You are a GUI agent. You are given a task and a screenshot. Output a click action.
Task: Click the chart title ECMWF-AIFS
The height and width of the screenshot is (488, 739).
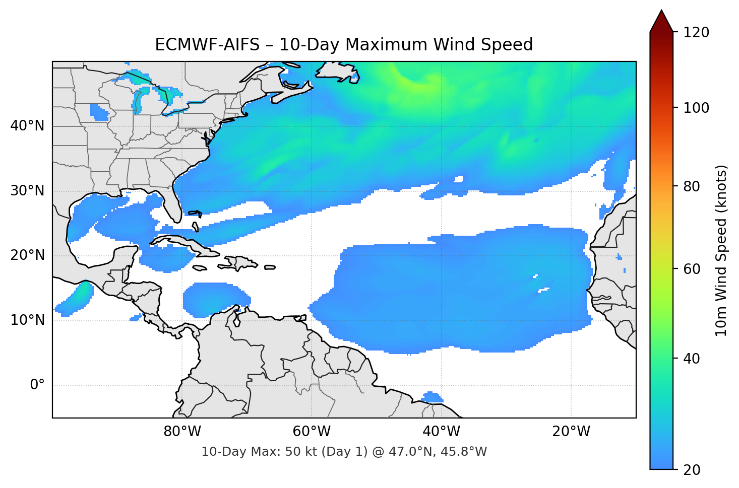pyautogui.click(x=344, y=45)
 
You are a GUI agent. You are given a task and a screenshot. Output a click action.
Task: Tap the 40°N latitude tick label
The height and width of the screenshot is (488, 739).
pyautogui.click(x=28, y=126)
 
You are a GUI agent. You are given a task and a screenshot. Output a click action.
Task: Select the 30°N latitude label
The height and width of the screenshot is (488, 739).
pyautogui.click(x=28, y=191)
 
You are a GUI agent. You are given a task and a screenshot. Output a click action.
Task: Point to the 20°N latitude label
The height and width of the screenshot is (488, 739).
pyautogui.click(x=28, y=255)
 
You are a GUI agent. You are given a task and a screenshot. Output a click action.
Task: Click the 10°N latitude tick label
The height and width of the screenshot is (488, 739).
pyautogui.click(x=28, y=320)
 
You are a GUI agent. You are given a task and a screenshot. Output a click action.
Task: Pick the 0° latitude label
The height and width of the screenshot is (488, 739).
pyautogui.click(x=37, y=385)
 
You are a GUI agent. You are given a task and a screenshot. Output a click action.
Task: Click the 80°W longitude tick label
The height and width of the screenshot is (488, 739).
pyautogui.click(x=182, y=432)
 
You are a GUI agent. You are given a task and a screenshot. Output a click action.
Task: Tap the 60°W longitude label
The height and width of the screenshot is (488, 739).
pyautogui.click(x=312, y=432)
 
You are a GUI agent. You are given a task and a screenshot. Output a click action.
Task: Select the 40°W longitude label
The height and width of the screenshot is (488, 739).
pyautogui.click(x=442, y=432)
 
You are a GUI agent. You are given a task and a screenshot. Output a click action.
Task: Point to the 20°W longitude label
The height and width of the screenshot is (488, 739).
pyautogui.click(x=571, y=432)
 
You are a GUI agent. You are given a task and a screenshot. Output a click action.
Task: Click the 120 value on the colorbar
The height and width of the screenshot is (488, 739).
pyautogui.click(x=696, y=33)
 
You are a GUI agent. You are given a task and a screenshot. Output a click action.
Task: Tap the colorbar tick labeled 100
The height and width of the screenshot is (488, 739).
pyautogui.click(x=696, y=108)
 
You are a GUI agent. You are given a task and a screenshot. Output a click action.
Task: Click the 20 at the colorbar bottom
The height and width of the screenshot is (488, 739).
pyautogui.click(x=692, y=470)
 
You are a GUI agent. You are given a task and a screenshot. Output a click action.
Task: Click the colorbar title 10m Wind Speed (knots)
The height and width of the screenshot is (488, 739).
pyautogui.click(x=721, y=250)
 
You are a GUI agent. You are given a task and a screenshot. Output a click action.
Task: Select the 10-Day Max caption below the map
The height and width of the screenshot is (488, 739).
pyautogui.click(x=344, y=452)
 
